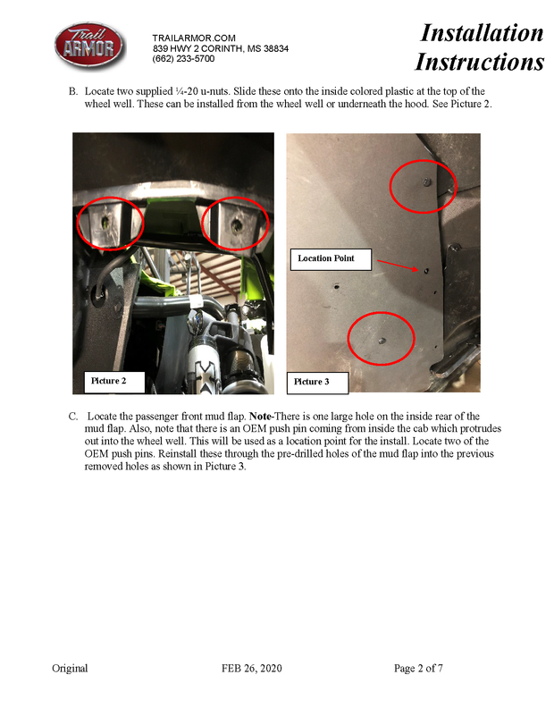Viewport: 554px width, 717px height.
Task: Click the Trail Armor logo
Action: tap(87, 46)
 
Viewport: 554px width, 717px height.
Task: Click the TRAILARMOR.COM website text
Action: tap(194, 37)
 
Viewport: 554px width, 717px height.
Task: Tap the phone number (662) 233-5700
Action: tap(183, 58)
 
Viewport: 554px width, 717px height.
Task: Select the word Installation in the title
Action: tap(482, 33)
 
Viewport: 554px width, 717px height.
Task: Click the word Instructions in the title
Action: tap(479, 62)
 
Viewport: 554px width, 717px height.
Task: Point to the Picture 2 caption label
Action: tap(109, 381)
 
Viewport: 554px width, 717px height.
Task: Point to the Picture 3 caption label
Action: tap(312, 382)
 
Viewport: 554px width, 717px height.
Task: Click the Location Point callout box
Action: tap(326, 258)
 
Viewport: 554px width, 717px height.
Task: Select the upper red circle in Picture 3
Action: tap(423, 186)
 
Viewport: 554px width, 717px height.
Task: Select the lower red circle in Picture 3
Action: tap(382, 337)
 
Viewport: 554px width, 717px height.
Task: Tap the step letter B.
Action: tap(72, 92)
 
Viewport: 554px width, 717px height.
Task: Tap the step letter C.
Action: tap(72, 417)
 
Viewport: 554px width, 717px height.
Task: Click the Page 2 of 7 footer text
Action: tap(418, 668)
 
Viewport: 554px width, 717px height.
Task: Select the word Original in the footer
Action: tap(70, 668)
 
